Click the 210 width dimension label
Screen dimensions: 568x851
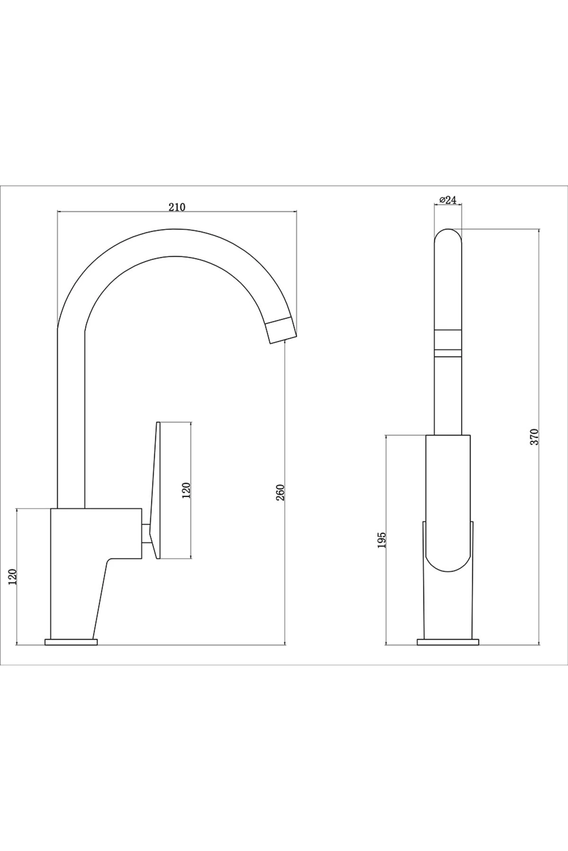tap(177, 206)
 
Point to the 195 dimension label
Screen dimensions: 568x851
tap(382, 540)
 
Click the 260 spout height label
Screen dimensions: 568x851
tap(280, 493)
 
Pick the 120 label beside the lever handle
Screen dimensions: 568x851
tap(186, 491)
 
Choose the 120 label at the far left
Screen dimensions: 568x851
tap(13, 577)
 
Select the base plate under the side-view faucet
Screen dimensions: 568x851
tap(71, 642)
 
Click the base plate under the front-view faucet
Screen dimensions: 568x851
tap(448, 642)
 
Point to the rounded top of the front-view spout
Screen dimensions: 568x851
tap(448, 236)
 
